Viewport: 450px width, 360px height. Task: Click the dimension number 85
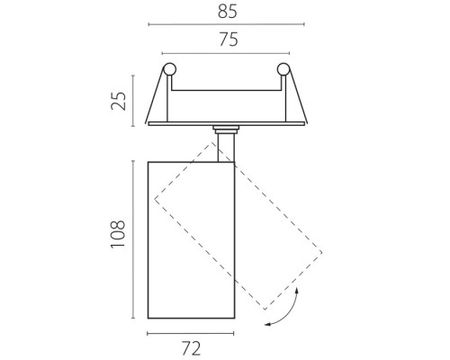coord(228,12)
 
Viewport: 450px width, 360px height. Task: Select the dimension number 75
coord(229,40)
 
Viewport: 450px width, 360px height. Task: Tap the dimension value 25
coord(119,101)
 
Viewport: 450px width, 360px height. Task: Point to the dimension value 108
coord(118,234)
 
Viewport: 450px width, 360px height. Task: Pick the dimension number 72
coord(191,348)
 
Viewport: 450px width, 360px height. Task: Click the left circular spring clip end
coord(169,69)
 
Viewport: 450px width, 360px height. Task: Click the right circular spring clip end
coord(283,69)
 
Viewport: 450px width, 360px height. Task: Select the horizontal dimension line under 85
coord(227,24)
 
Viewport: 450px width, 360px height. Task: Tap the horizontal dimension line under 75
coord(226,53)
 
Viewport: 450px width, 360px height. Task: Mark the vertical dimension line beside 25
coord(133,101)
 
